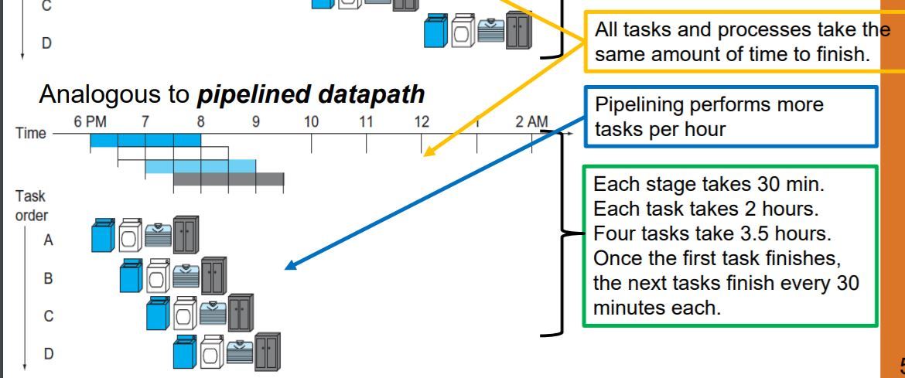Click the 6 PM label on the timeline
(x=90, y=122)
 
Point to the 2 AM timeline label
(x=531, y=122)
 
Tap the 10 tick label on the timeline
(x=311, y=122)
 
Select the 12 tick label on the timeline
(x=421, y=122)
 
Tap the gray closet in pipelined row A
(x=186, y=234)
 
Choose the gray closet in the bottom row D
(x=268, y=352)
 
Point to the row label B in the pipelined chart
(x=47, y=278)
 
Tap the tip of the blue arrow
(x=287, y=268)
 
